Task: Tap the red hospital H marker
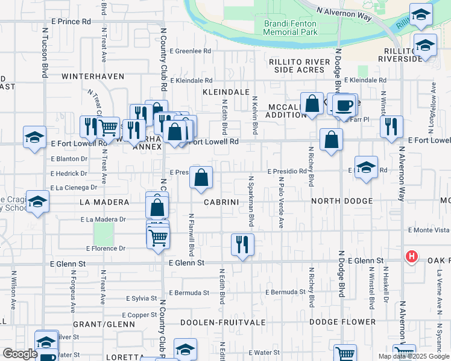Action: (412, 257)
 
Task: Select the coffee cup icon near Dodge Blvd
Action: (344, 105)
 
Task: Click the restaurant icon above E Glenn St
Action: (242, 244)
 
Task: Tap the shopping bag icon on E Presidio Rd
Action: (201, 177)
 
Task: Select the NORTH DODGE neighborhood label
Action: (341, 200)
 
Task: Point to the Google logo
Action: (20, 354)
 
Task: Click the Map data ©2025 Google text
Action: (414, 356)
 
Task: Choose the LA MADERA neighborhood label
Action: (104, 202)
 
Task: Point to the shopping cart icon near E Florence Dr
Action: (158, 236)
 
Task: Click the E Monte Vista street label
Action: (429, 230)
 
